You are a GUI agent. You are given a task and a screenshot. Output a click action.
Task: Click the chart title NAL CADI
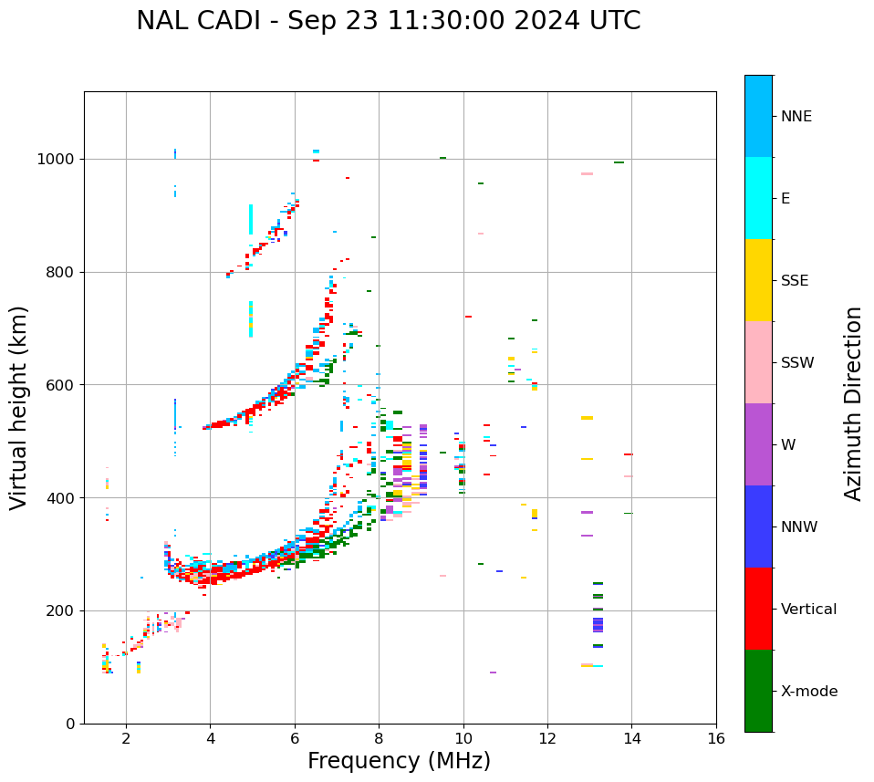pyautogui.click(x=388, y=21)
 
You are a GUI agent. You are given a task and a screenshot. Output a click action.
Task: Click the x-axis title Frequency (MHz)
pyautogui.click(x=399, y=761)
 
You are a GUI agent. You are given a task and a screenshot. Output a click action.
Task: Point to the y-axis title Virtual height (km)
pyautogui.click(x=19, y=407)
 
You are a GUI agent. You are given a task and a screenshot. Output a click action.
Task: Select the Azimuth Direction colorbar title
pyautogui.click(x=853, y=402)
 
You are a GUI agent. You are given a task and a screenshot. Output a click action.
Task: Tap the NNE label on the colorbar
pyautogui.click(x=796, y=117)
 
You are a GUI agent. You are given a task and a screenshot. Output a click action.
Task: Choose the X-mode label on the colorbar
pyautogui.click(x=808, y=692)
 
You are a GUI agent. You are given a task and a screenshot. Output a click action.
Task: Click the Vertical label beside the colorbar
pyautogui.click(x=808, y=610)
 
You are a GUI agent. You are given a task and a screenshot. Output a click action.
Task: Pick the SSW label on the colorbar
pyautogui.click(x=797, y=363)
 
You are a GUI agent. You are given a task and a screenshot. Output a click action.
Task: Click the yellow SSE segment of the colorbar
pyautogui.click(x=758, y=280)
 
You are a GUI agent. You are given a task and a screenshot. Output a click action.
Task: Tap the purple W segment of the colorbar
pyautogui.click(x=758, y=444)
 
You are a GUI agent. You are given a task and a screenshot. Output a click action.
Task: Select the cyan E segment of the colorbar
pyautogui.click(x=758, y=198)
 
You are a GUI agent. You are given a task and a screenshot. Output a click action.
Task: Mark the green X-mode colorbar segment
pyautogui.click(x=758, y=691)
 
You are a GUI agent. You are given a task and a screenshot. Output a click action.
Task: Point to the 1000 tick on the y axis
pyautogui.click(x=57, y=160)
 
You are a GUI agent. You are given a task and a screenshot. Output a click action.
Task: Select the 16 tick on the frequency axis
pyautogui.click(x=716, y=737)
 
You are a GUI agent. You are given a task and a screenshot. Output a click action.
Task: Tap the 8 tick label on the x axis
pyautogui.click(x=379, y=737)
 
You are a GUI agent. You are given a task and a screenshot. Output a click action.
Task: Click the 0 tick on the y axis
pyautogui.click(x=70, y=724)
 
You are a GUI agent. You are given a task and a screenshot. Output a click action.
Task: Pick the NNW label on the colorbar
pyautogui.click(x=799, y=527)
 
